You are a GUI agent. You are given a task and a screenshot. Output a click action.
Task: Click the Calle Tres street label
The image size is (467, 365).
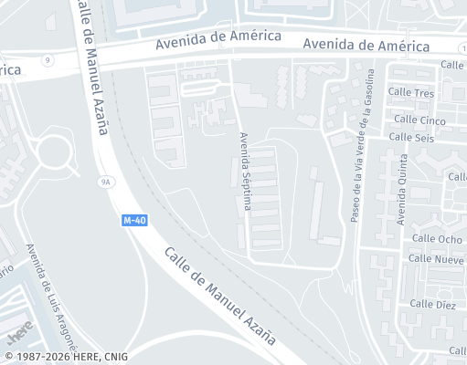(411, 93)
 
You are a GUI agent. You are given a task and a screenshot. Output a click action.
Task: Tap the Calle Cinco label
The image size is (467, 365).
(419, 120)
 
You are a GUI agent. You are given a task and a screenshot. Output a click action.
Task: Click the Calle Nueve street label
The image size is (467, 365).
(436, 259)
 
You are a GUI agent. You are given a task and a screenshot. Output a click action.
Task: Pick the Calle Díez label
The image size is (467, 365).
(432, 304)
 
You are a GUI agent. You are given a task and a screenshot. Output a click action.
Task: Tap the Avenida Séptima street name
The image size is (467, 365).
(244, 172)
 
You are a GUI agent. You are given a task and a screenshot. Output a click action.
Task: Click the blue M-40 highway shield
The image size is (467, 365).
(134, 221)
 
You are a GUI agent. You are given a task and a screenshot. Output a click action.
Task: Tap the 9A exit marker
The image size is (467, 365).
(105, 182)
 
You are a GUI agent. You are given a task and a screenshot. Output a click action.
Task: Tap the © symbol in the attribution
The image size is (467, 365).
(8, 357)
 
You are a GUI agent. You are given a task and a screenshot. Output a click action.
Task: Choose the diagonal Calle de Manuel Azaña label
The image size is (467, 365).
(220, 294)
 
